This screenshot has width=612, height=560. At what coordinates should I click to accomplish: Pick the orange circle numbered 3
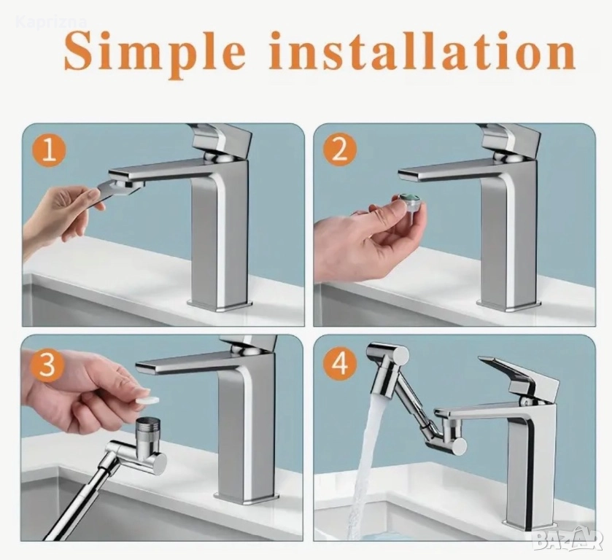(47, 365)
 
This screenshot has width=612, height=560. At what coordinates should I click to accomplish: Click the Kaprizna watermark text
(52, 21)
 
